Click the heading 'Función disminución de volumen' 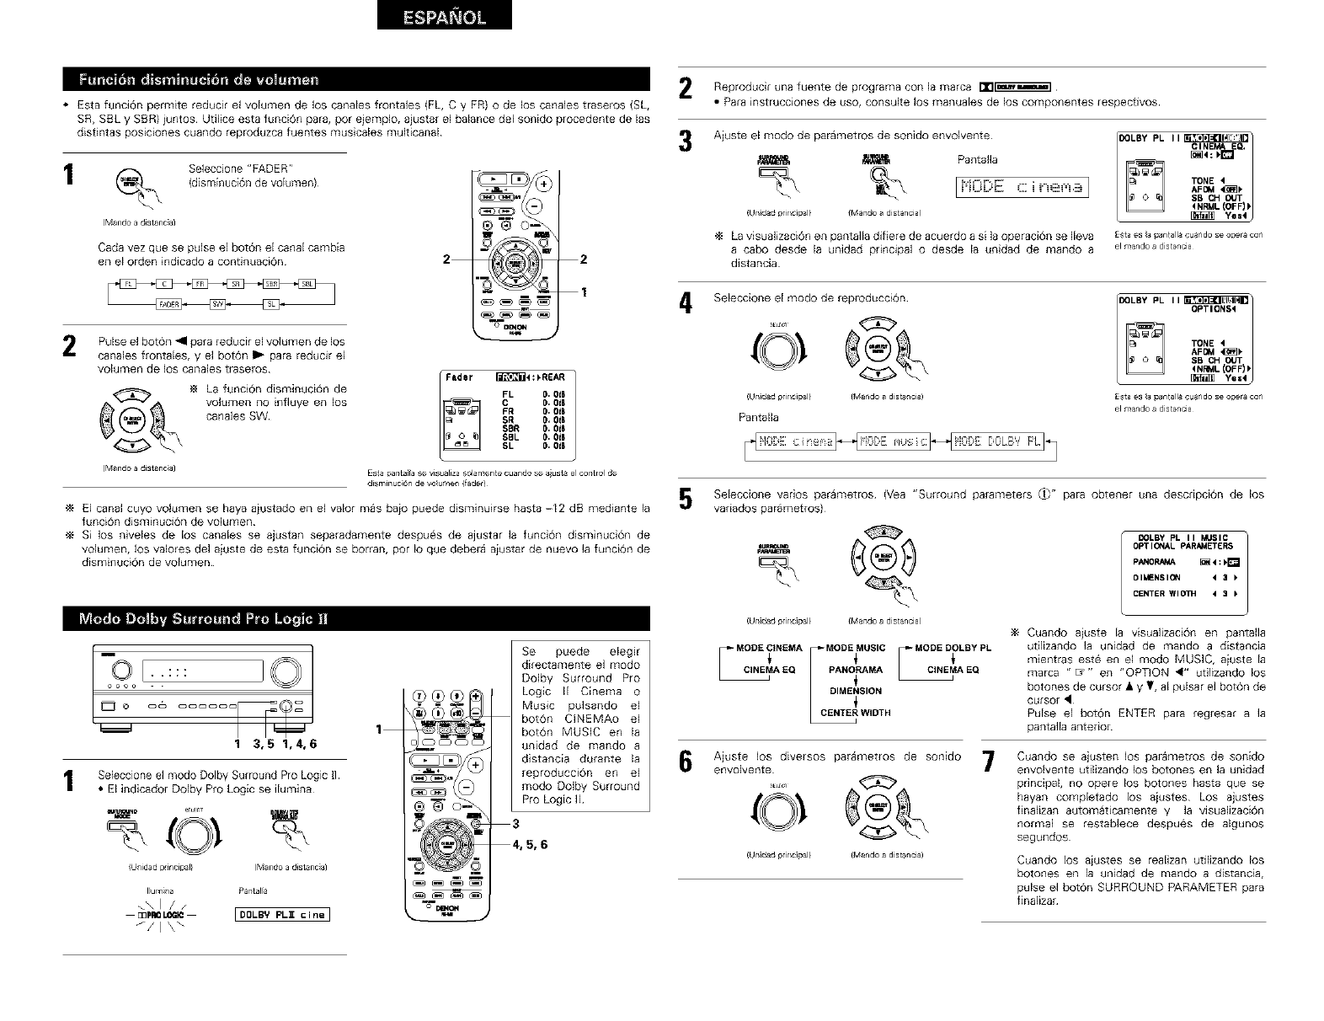click(199, 80)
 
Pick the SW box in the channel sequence click(219, 304)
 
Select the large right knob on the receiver click(286, 671)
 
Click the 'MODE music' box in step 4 click(892, 441)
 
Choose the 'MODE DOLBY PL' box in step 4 click(997, 441)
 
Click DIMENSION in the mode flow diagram click(855, 692)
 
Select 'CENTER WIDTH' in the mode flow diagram click(855, 713)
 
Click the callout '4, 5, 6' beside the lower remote click(530, 844)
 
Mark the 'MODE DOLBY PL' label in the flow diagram click(953, 648)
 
